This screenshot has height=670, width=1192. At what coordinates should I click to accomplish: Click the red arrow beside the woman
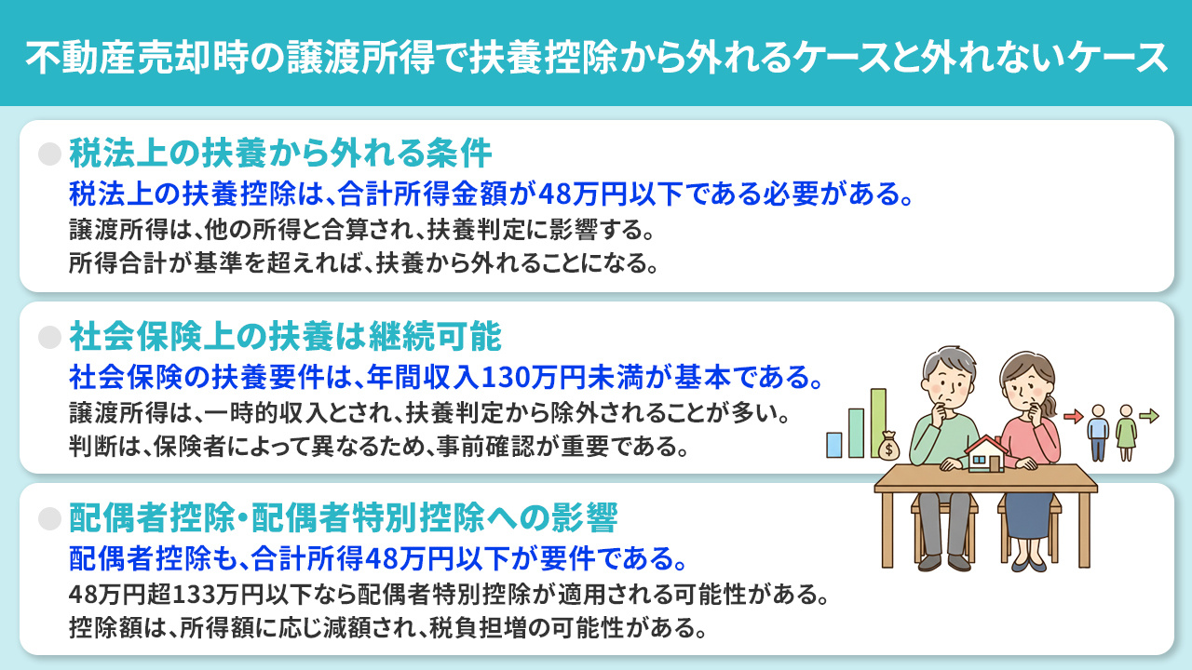[x=1074, y=416]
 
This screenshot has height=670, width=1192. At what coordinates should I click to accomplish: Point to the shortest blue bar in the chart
[x=833, y=444]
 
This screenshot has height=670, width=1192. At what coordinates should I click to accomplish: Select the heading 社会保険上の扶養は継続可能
[x=285, y=334]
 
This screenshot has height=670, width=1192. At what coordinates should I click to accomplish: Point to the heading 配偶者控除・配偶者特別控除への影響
[x=343, y=516]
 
